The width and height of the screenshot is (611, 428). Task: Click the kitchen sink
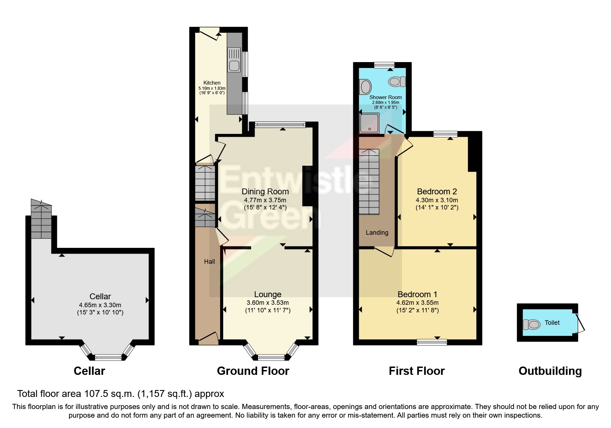[234, 65]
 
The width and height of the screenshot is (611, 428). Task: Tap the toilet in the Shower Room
[397, 82]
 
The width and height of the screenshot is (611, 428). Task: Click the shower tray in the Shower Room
[369, 123]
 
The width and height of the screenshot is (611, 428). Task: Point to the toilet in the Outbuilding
[532, 324]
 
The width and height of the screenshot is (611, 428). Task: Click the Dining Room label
[265, 192]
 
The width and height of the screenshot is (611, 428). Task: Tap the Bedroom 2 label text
[437, 192]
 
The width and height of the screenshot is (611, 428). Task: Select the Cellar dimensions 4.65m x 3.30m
[100, 305]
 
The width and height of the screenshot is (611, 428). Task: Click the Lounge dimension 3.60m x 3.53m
[268, 303]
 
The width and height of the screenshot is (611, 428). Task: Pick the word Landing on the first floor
[377, 233]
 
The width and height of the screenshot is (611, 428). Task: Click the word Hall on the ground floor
[209, 262]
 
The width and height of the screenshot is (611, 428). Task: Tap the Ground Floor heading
[253, 371]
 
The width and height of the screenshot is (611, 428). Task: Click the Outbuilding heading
[550, 371]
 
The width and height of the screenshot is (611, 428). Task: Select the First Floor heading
[416, 371]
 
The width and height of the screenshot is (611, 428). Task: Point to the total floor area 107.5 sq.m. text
[121, 393]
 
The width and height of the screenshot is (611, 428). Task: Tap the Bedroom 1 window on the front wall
[432, 342]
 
